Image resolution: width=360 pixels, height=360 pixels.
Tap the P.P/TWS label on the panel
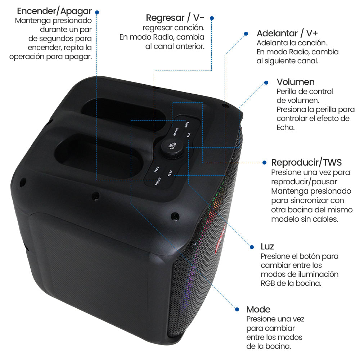tap(176, 132)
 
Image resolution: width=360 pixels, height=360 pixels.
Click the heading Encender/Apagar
tap(54, 11)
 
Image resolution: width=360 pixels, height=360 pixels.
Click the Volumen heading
tap(296, 82)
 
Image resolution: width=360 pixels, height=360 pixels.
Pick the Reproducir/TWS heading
tap(306, 162)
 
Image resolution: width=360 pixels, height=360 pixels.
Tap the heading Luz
tap(267, 246)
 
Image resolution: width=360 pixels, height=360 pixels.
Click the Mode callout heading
tap(258, 309)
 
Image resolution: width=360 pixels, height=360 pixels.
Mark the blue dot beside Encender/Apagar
tap(97, 12)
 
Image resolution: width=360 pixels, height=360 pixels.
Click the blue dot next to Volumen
tap(266, 82)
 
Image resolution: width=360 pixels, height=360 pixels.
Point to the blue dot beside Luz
tap(252, 247)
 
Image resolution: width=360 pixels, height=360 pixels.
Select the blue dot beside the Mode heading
tap(237, 309)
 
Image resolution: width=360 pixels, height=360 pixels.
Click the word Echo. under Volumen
tap(285, 127)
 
